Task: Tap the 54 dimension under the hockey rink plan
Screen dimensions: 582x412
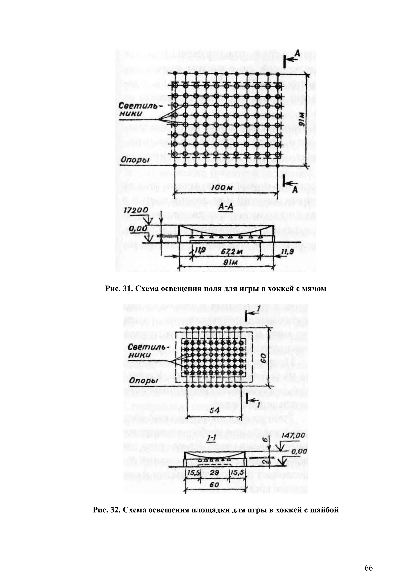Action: point(215,411)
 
